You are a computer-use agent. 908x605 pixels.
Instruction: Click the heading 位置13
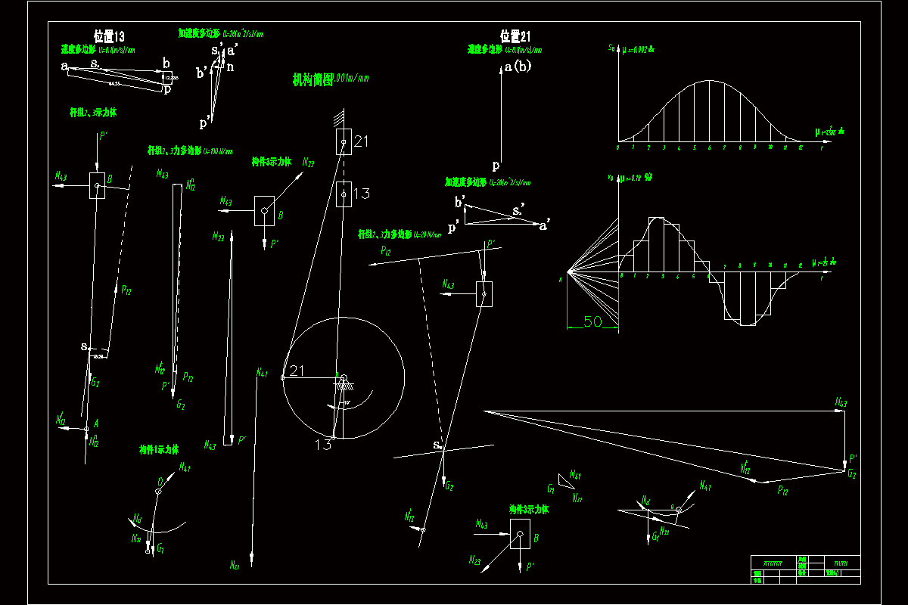click(108, 36)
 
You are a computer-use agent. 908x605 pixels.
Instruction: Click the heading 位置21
click(515, 36)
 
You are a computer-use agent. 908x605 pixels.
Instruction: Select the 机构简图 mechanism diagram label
click(313, 80)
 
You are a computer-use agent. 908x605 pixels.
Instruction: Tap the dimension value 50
click(592, 321)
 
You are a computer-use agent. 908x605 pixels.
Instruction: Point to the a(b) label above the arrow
click(518, 67)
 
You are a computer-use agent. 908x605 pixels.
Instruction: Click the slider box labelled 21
click(344, 141)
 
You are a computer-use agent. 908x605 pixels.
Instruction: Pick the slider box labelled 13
click(344, 194)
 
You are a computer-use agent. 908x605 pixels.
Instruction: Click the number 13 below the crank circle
click(323, 445)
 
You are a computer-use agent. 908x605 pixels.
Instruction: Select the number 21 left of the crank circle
click(297, 371)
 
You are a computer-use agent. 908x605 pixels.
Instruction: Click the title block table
click(805, 568)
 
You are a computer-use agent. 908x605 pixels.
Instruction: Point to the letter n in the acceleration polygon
click(231, 67)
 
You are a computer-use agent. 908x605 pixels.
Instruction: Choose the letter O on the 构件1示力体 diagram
click(161, 481)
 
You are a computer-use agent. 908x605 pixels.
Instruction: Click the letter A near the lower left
click(96, 424)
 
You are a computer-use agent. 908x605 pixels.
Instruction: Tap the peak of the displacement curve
click(709, 81)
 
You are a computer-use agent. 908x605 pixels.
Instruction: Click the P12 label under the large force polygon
click(783, 491)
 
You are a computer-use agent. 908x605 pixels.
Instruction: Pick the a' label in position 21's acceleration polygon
click(544, 225)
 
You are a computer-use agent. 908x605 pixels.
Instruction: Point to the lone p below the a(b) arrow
click(496, 165)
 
